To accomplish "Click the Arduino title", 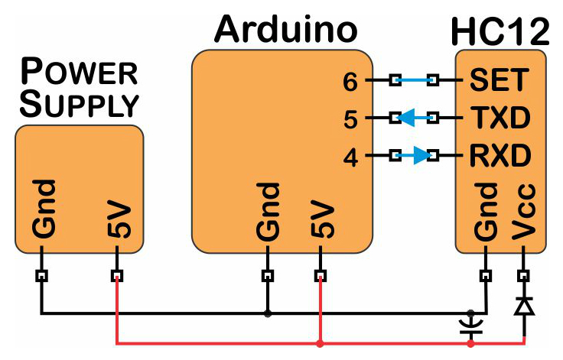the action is [x=286, y=30].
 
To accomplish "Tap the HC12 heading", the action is [x=500, y=31].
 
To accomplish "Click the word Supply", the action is [x=80, y=105].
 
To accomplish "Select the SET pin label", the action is [x=499, y=79].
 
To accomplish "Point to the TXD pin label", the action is [x=500, y=118].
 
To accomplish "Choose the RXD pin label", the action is [x=500, y=155].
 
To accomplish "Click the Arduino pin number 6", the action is [x=350, y=82].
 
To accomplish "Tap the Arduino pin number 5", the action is [x=350, y=119].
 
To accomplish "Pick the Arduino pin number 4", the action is [x=350, y=157].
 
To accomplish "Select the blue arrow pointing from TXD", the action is [x=414, y=118].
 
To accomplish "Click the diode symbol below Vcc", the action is [x=524, y=306].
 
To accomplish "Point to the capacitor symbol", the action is [x=470, y=327].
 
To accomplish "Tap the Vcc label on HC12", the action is [x=523, y=212].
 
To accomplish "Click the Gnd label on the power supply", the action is [x=44, y=209].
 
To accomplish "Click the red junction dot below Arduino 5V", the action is [x=321, y=343].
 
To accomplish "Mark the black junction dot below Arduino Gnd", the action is [x=268, y=313].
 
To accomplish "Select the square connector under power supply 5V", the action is [x=117, y=276].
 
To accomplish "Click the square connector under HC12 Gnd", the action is [x=486, y=276].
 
